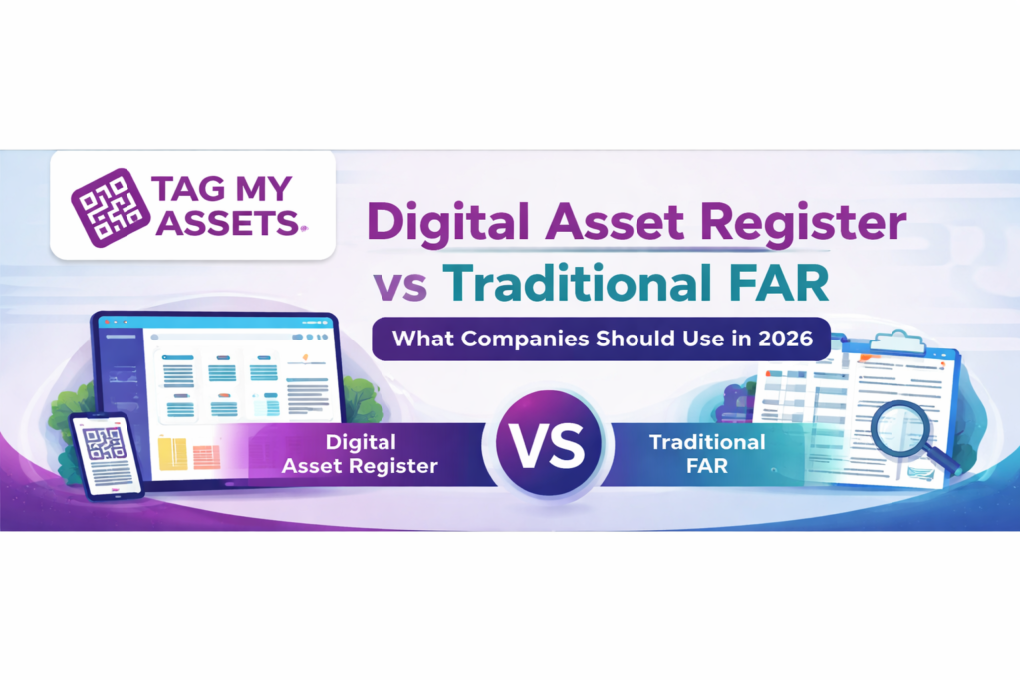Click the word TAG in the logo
[x=188, y=189]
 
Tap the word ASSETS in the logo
[x=228, y=224]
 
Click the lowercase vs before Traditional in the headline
[x=400, y=286]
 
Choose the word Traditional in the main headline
[x=577, y=283]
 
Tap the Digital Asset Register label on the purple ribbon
[x=360, y=454]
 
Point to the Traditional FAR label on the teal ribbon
[x=707, y=454]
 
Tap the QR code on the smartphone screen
[x=105, y=445]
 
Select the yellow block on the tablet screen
[x=172, y=454]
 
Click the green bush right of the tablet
[x=360, y=398]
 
